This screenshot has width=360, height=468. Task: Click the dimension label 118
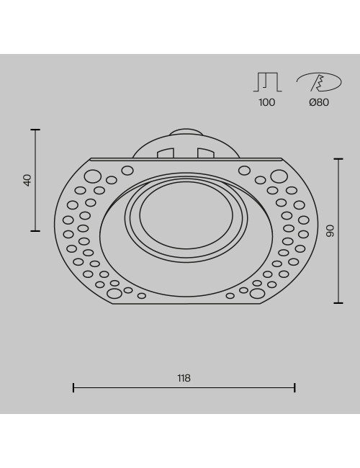[184, 378]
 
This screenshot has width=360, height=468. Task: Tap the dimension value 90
[330, 231]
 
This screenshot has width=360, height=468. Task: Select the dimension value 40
[27, 180]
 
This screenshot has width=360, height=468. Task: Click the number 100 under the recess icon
[267, 102]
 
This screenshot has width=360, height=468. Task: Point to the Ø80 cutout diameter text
[319, 102]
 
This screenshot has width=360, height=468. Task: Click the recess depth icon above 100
[267, 82]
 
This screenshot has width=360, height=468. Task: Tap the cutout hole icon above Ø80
[319, 82]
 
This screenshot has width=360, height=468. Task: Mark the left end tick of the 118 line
[73, 387]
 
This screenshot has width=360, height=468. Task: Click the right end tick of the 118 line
[294, 387]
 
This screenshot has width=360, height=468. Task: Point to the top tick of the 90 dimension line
[338, 159]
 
